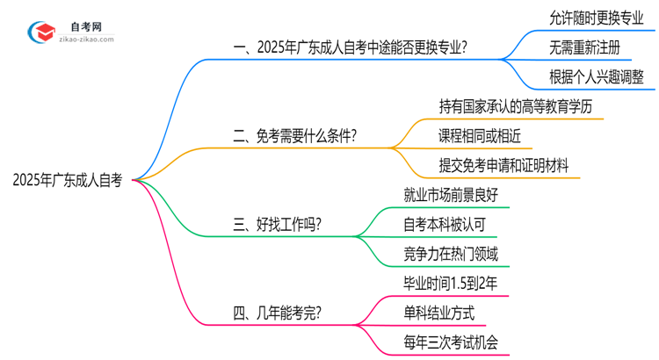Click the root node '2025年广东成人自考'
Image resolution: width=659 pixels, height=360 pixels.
coord(68,180)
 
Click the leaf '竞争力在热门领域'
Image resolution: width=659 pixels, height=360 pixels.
coord(450,254)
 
